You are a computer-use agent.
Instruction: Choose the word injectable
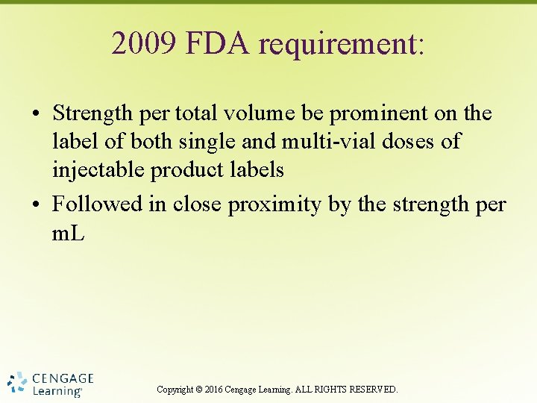pyautogui.click(x=98, y=170)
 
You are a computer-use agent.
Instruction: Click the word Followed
pyautogui.click(x=99, y=204)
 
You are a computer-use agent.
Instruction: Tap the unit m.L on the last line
pyautogui.click(x=69, y=233)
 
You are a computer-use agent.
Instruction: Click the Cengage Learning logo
pyautogui.click(x=51, y=384)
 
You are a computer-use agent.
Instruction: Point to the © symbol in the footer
pyautogui.click(x=198, y=390)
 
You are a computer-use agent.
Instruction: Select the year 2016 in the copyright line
pyautogui.click(x=213, y=390)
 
